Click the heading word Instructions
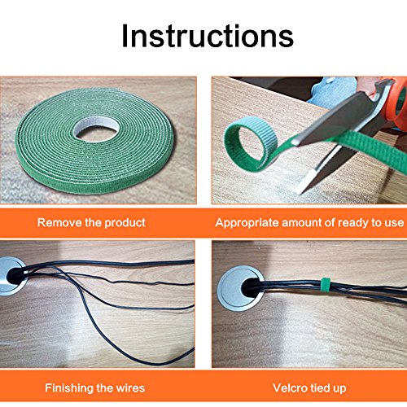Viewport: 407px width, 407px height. [208, 36]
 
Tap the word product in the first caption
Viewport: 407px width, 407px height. [125, 223]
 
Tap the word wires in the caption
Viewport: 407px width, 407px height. [130, 388]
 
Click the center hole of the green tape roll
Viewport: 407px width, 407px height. [96, 129]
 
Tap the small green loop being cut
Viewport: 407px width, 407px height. [250, 142]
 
